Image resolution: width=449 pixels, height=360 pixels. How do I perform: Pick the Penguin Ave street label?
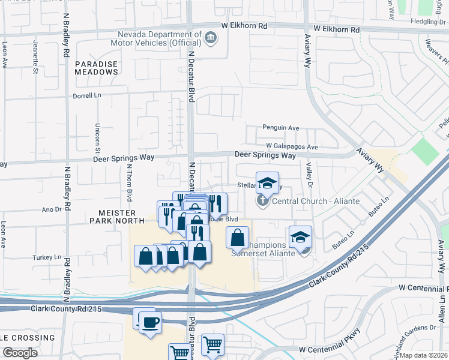pos(280,128)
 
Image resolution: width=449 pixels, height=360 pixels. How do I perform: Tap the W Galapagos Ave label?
pos(292,146)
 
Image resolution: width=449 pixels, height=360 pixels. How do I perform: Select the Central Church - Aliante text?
pos(316,201)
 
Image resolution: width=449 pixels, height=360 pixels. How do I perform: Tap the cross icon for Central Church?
pos(262,200)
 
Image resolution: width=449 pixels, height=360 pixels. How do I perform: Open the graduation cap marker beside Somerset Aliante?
pos(300,237)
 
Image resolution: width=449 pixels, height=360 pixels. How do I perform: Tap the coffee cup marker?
pos(150,323)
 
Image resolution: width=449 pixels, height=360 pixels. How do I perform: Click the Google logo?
pos(20,353)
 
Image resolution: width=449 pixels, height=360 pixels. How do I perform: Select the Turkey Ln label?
pos(50,257)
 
